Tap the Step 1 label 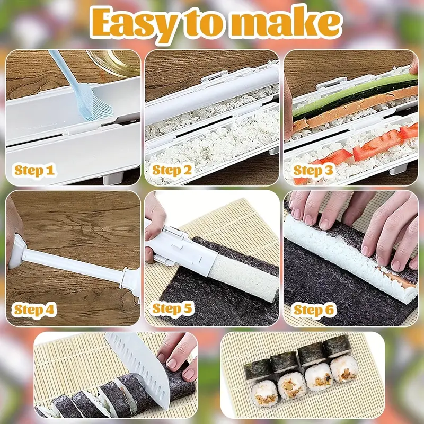(x=34, y=170)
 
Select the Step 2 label (x=173, y=170)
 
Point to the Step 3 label (x=313, y=170)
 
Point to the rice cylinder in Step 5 (x=244, y=276)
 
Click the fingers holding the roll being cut (x=178, y=352)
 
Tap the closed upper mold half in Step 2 (x=212, y=90)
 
